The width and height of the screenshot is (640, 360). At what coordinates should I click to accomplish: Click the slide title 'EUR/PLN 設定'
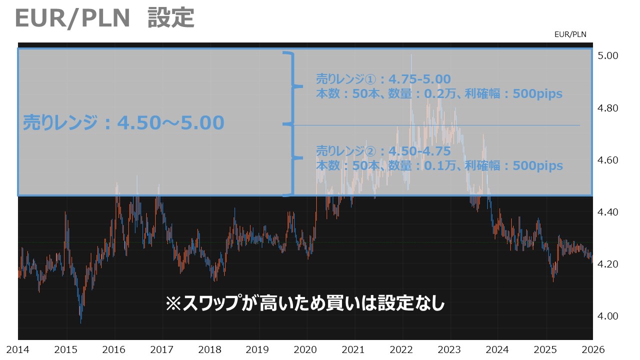pyautogui.click(x=104, y=18)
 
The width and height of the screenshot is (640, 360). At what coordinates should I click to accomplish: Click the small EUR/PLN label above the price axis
pyautogui.click(x=570, y=34)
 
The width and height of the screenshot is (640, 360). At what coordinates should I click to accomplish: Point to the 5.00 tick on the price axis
pyautogui.click(x=608, y=55)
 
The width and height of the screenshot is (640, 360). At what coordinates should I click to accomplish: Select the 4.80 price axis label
pyautogui.click(x=608, y=108)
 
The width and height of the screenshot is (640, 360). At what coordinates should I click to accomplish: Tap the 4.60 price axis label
pyautogui.click(x=608, y=160)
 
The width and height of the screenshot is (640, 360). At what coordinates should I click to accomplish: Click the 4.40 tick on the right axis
pyautogui.click(x=608, y=212)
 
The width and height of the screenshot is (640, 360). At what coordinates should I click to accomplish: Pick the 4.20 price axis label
pyautogui.click(x=608, y=264)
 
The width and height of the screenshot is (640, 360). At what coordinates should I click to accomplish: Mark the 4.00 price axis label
pyautogui.click(x=608, y=316)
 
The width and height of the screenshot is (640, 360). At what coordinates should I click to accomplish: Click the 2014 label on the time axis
pyautogui.click(x=17, y=348)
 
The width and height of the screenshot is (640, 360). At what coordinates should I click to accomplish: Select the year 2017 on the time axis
pyautogui.click(x=161, y=348)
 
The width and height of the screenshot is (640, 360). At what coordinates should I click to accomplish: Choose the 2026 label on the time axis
pyautogui.click(x=593, y=348)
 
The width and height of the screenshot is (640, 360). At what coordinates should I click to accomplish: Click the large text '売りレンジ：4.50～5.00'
pyautogui.click(x=123, y=122)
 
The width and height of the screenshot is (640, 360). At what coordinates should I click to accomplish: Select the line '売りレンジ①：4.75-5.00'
pyautogui.click(x=383, y=79)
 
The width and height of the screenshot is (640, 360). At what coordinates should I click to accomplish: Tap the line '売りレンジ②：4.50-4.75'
pyautogui.click(x=383, y=151)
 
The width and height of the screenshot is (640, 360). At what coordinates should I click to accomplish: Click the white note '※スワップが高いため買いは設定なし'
pyautogui.click(x=305, y=303)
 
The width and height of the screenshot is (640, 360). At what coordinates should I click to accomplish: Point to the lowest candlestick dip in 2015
pyautogui.click(x=81, y=321)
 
